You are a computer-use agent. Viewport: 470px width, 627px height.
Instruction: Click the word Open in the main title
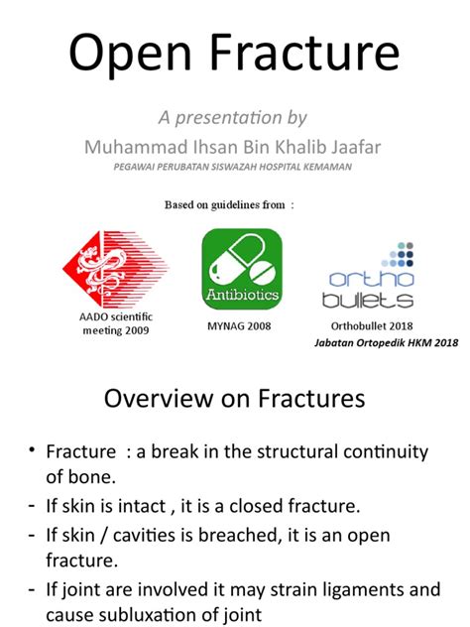[x=130, y=54]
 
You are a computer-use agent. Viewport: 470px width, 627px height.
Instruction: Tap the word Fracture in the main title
[x=304, y=52]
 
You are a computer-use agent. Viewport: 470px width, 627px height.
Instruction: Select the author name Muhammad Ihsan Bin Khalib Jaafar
[x=232, y=147]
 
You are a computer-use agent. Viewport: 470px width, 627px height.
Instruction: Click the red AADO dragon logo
[x=115, y=269]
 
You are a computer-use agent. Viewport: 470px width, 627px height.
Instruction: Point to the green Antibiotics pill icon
[x=242, y=269]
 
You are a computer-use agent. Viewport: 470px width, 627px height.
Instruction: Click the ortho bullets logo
[x=368, y=275]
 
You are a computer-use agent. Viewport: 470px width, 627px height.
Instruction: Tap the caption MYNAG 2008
[x=239, y=326]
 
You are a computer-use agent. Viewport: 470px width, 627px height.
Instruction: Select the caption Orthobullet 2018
[x=372, y=326]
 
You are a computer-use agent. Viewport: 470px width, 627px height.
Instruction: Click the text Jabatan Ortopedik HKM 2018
[x=386, y=342]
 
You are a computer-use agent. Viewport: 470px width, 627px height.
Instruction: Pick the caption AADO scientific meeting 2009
[x=116, y=323]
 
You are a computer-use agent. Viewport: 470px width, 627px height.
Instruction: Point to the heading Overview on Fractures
[x=235, y=398]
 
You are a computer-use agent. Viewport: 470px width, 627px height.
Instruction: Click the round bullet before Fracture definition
[x=32, y=449]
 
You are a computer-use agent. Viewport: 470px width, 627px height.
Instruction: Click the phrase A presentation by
[x=233, y=117]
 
